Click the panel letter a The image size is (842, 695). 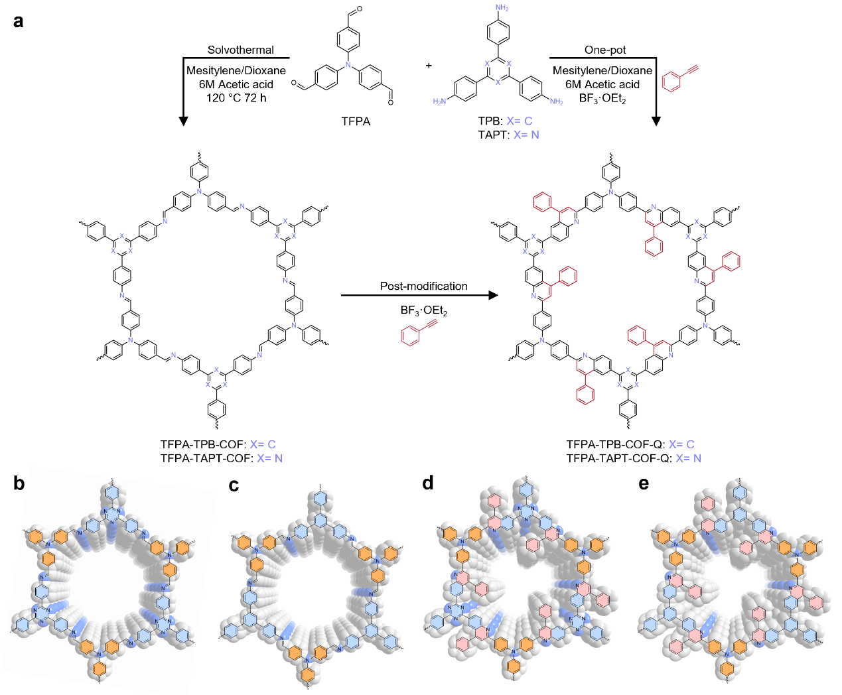click(19, 21)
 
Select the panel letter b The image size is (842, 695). click(19, 483)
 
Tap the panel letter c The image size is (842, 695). click(234, 485)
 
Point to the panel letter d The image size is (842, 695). click(428, 483)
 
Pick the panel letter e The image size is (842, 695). click(644, 483)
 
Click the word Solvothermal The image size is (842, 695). click(240, 50)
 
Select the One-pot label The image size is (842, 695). click(605, 50)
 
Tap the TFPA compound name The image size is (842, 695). click(356, 121)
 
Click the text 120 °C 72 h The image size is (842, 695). click(236, 97)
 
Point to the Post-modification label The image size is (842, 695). click(423, 286)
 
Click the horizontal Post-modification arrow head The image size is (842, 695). click(493, 295)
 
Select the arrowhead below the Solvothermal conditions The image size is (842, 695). click(184, 121)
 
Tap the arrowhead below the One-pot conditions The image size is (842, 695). click(656, 121)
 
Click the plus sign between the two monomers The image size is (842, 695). click(429, 65)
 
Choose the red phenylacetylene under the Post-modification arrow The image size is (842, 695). click(418, 332)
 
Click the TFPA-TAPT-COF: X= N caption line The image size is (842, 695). click(221, 458)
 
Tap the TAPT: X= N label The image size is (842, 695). click(508, 135)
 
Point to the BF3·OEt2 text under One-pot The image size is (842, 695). click(602, 99)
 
